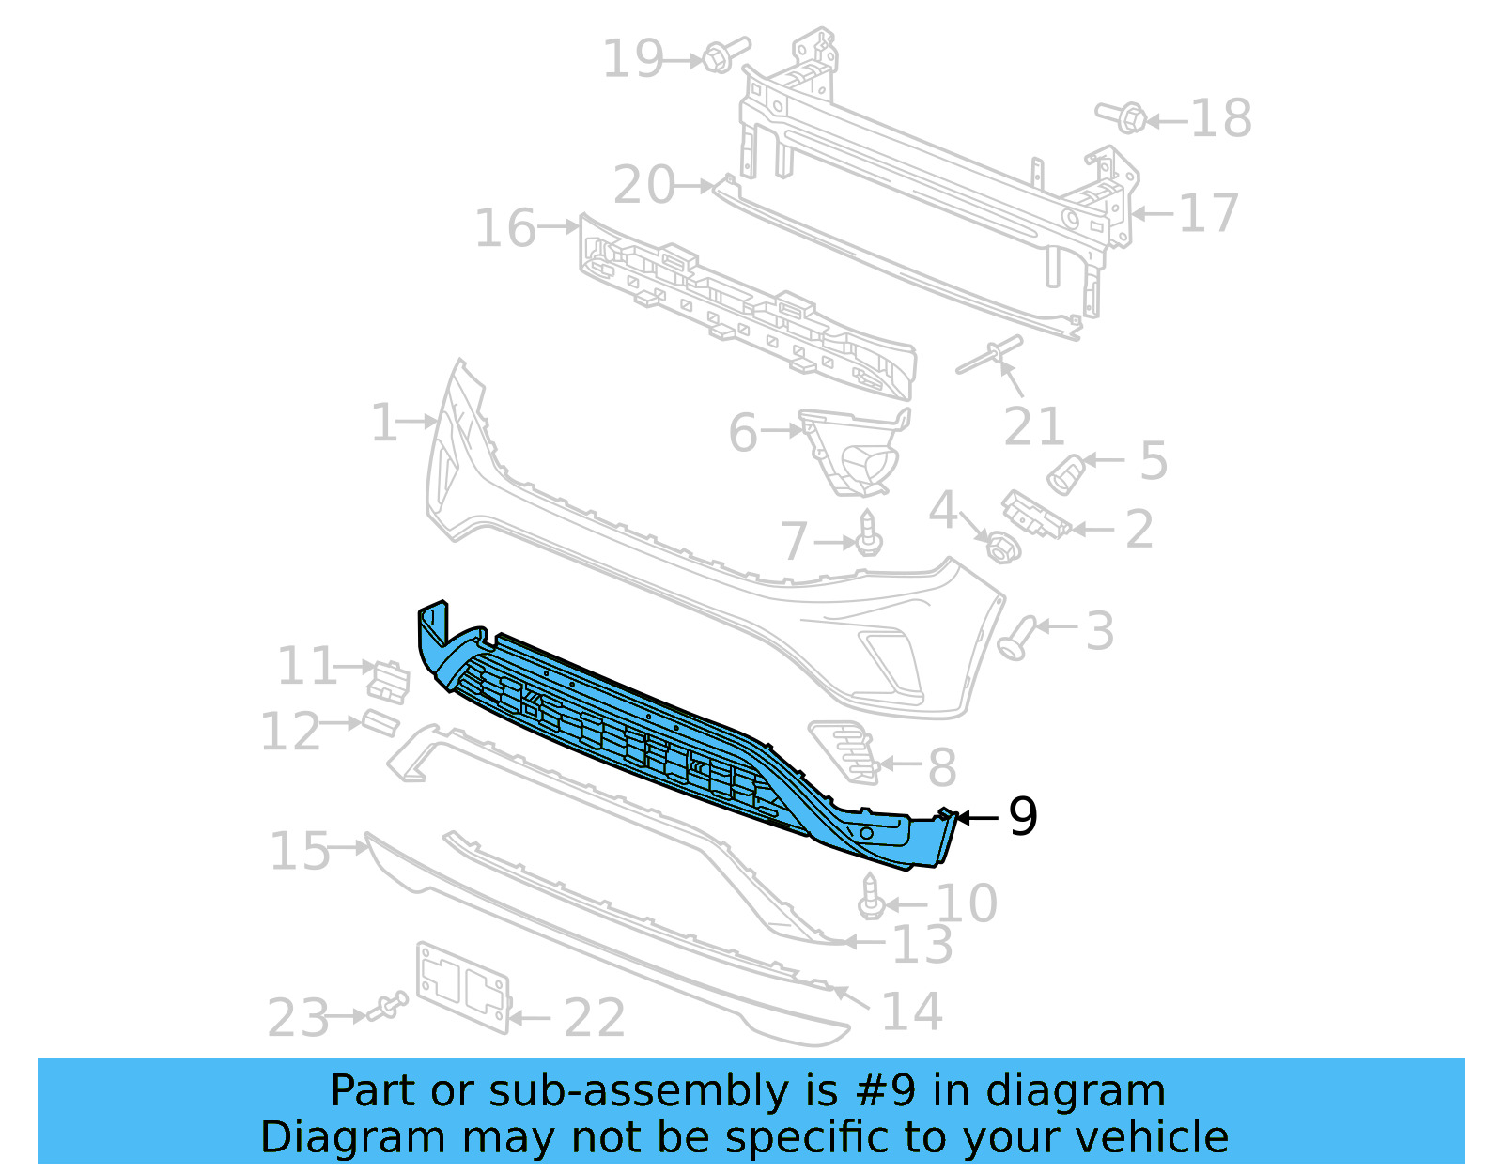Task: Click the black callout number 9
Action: click(x=1023, y=816)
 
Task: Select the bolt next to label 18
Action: click(x=1123, y=117)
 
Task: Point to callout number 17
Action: click(x=1208, y=213)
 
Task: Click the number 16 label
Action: click(x=505, y=228)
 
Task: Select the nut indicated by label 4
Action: click(x=1002, y=547)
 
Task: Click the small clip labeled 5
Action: click(x=1065, y=474)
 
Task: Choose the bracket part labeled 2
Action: click(x=1035, y=515)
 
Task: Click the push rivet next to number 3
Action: click(x=1017, y=638)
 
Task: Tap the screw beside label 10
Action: click(x=871, y=898)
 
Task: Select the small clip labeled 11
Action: click(x=388, y=681)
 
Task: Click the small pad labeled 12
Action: click(x=380, y=723)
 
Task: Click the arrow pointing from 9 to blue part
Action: click(x=977, y=819)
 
